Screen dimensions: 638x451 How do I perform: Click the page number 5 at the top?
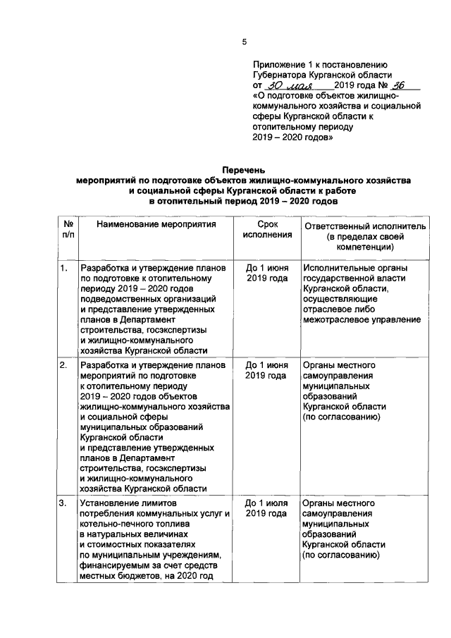click(244, 42)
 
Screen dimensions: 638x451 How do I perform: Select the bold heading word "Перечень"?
click(243, 171)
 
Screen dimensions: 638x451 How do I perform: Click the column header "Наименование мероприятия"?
click(156, 226)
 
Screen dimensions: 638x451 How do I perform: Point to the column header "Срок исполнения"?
click(266, 230)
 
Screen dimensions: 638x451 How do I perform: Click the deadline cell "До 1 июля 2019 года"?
click(266, 509)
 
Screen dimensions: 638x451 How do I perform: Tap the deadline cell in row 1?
click(266, 274)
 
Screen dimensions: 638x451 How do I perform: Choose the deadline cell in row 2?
click(266, 371)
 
